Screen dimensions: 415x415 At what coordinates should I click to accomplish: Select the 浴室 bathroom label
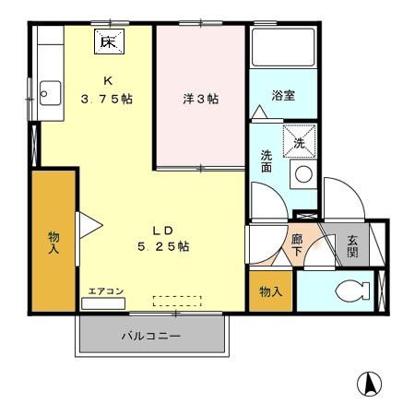point(283,96)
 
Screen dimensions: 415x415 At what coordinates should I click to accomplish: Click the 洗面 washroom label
point(266,162)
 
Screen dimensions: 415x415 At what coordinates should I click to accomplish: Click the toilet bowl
point(351,292)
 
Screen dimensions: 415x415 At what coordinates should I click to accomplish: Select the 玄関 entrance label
point(353,247)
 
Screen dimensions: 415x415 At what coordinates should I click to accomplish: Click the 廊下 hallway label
point(297,245)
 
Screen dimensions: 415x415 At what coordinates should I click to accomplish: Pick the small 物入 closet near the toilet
point(270,291)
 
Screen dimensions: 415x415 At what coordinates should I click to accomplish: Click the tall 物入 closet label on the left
point(53,242)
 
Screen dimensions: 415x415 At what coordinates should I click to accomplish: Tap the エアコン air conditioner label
point(105,291)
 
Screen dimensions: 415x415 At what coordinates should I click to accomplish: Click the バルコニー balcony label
point(151,337)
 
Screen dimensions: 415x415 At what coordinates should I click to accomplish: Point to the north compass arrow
point(368,383)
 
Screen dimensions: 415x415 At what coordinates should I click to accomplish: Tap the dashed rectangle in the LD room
point(176,300)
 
